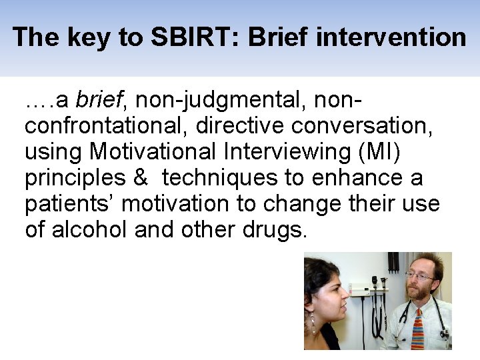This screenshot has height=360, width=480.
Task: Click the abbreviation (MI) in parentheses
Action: [x=379, y=153]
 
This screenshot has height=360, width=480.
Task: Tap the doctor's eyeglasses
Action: [x=419, y=275]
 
